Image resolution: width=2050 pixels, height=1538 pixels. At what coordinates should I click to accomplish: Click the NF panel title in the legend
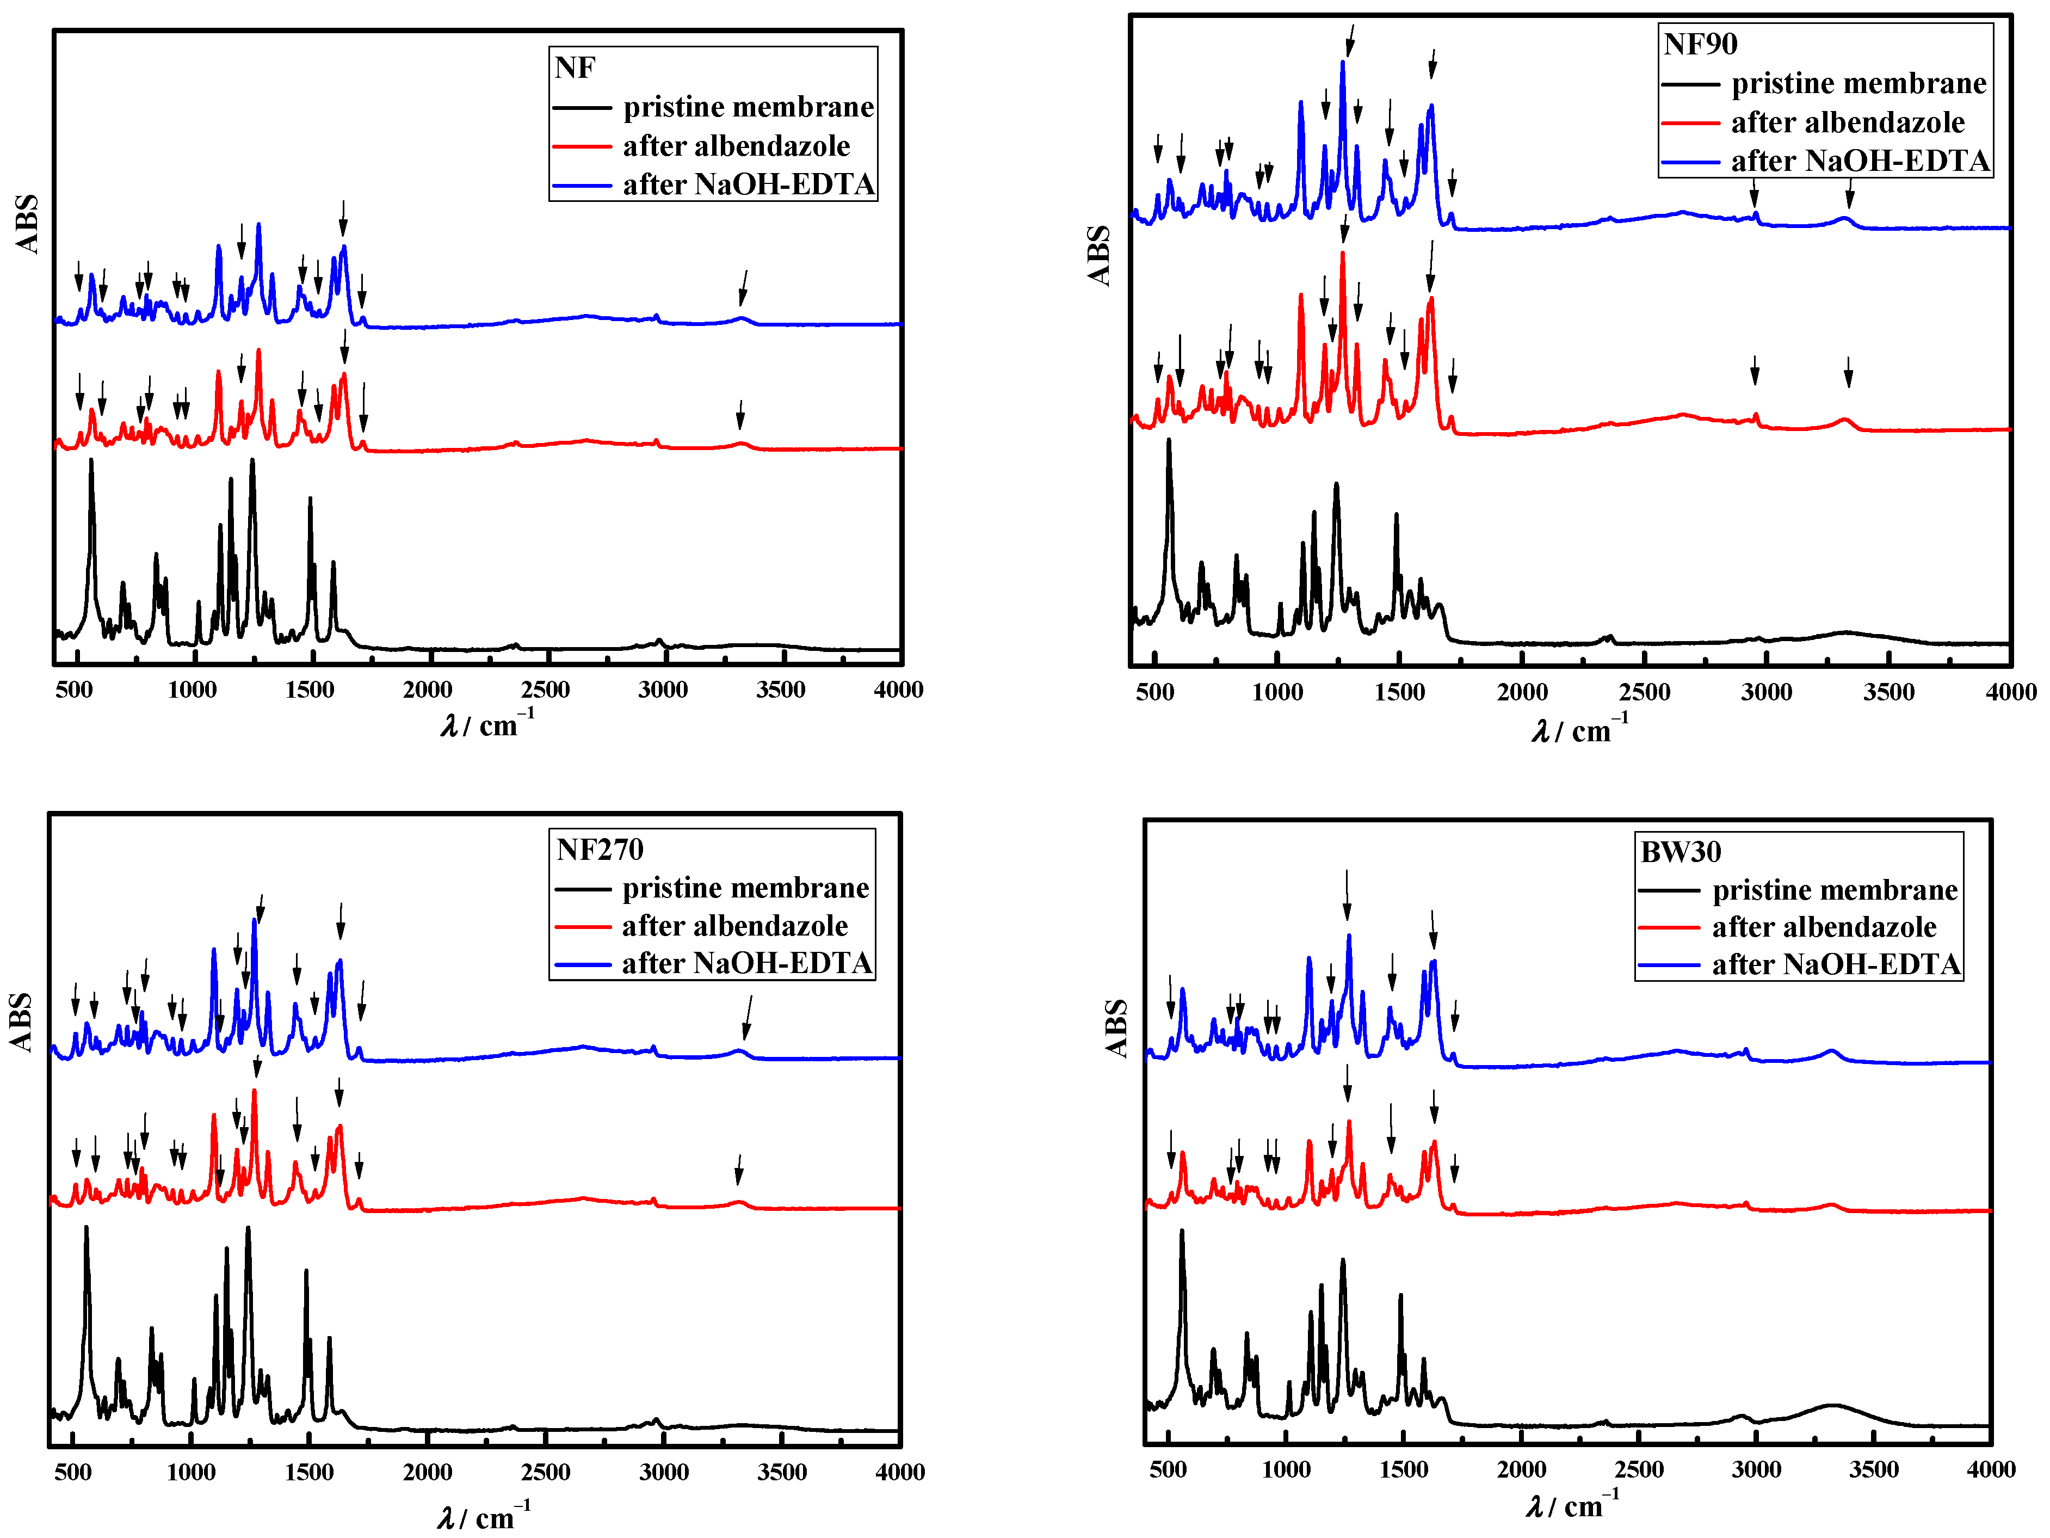575,67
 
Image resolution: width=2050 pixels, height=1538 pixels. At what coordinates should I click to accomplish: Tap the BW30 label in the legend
1679,851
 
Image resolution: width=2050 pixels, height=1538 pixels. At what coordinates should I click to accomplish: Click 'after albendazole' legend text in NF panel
736,146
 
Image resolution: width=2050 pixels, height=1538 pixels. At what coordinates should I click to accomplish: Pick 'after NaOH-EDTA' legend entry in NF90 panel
1859,161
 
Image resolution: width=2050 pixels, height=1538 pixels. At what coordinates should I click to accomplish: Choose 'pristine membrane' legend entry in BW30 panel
1834,890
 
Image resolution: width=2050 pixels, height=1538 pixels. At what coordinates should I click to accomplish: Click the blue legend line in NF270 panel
582,964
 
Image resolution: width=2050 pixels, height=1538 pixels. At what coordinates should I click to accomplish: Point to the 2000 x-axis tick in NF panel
427,690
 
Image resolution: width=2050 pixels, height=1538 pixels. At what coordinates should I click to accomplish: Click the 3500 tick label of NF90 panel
1888,692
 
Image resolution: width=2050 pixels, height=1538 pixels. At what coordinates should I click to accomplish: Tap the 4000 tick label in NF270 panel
899,1472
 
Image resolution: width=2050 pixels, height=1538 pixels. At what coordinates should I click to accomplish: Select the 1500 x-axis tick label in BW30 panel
1403,1469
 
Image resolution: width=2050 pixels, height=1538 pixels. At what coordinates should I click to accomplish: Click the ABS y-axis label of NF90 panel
1098,255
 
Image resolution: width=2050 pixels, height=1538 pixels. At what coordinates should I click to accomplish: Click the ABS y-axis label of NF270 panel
20,1022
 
